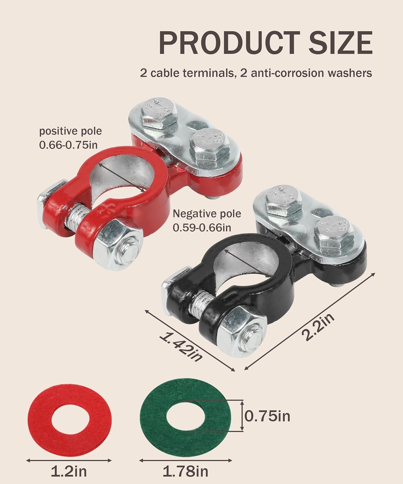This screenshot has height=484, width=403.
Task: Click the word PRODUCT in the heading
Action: click(229, 43)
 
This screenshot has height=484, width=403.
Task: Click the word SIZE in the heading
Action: click(340, 43)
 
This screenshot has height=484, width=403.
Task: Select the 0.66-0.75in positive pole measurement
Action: click(68, 145)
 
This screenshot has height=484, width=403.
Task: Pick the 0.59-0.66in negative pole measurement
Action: click(202, 227)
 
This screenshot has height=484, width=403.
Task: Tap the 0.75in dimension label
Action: click(267, 416)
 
